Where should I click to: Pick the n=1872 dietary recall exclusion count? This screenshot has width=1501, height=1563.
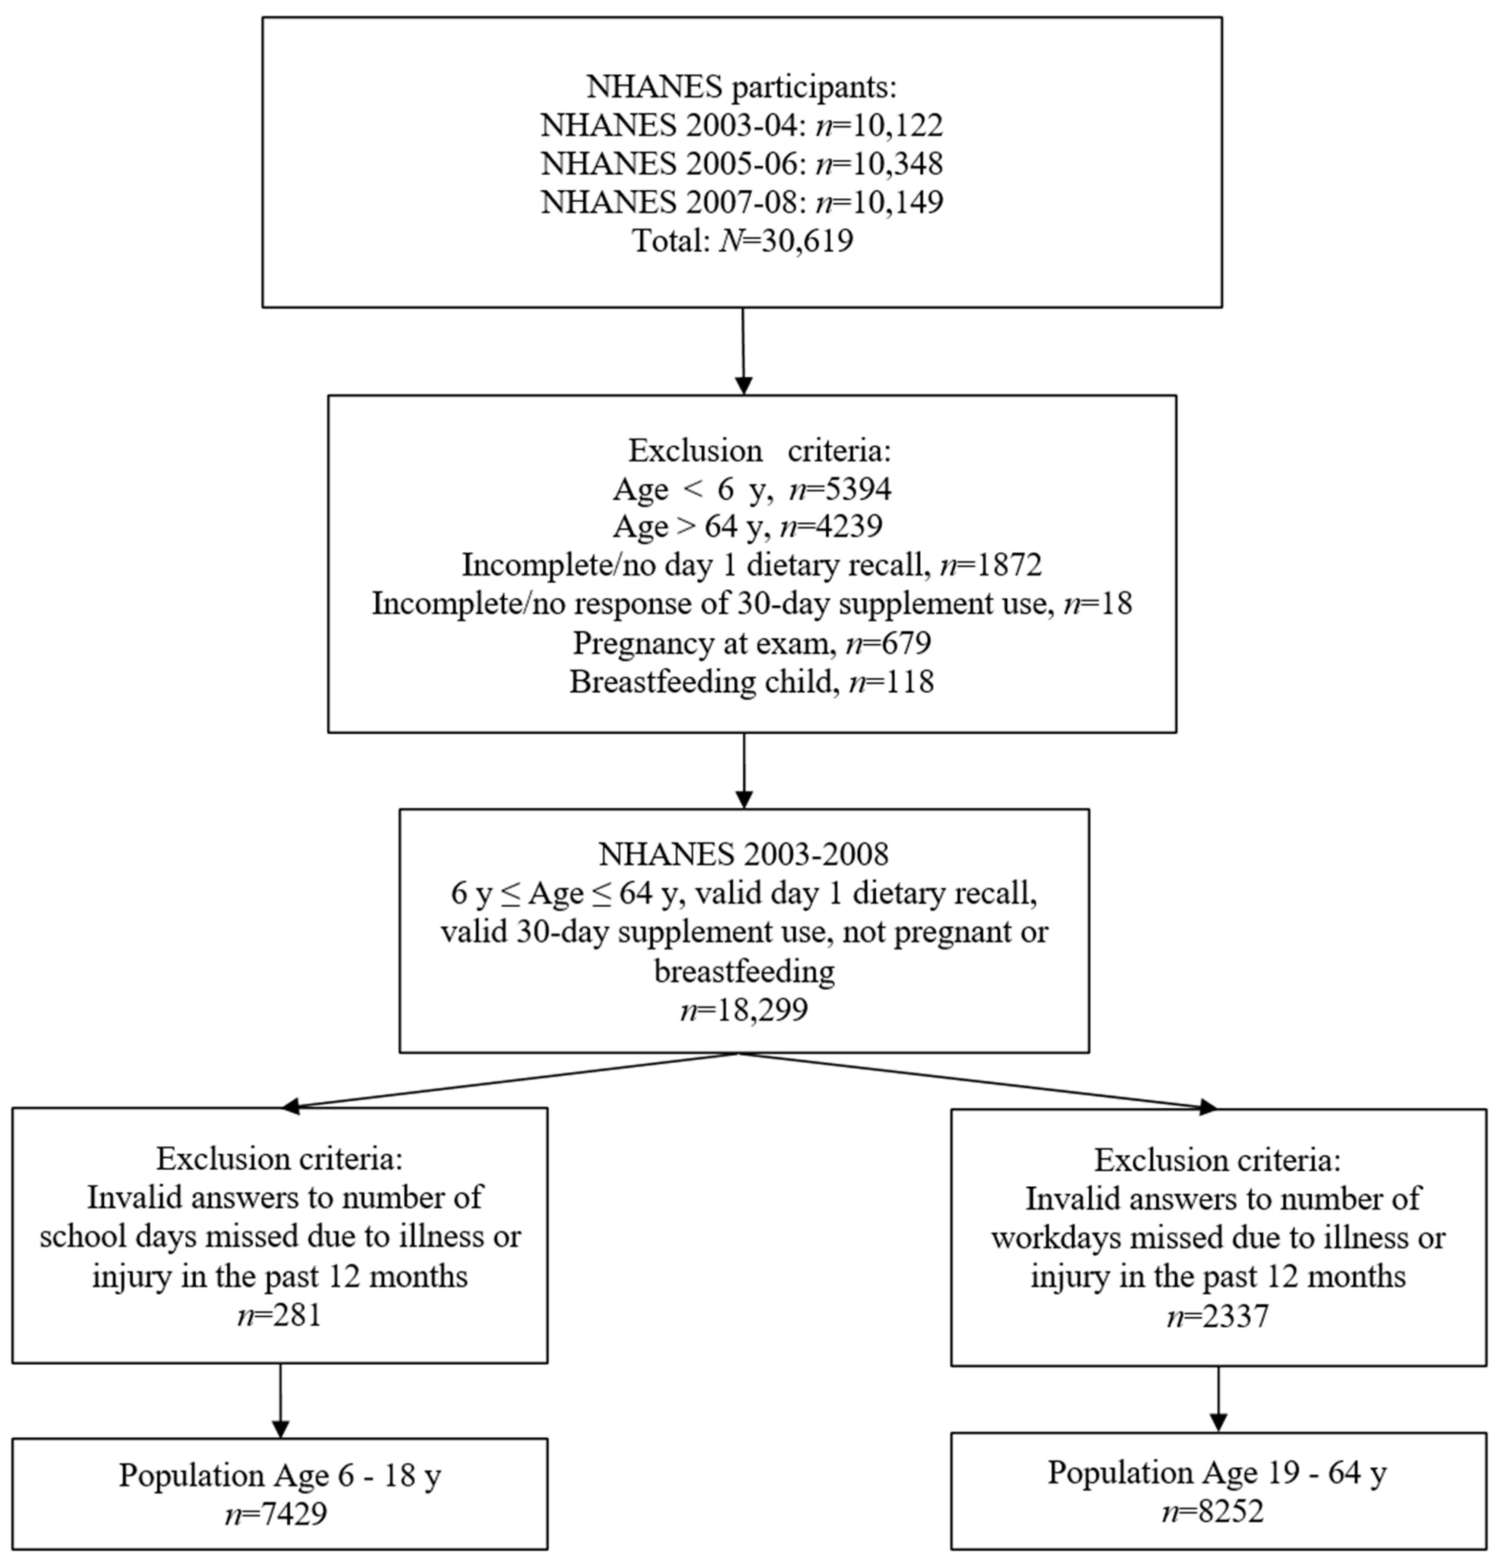(991, 565)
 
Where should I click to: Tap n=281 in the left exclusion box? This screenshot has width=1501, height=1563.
(279, 1314)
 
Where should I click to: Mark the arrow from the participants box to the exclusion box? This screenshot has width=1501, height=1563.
(743, 351)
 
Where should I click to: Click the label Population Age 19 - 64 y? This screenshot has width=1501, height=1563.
(1217, 1473)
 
